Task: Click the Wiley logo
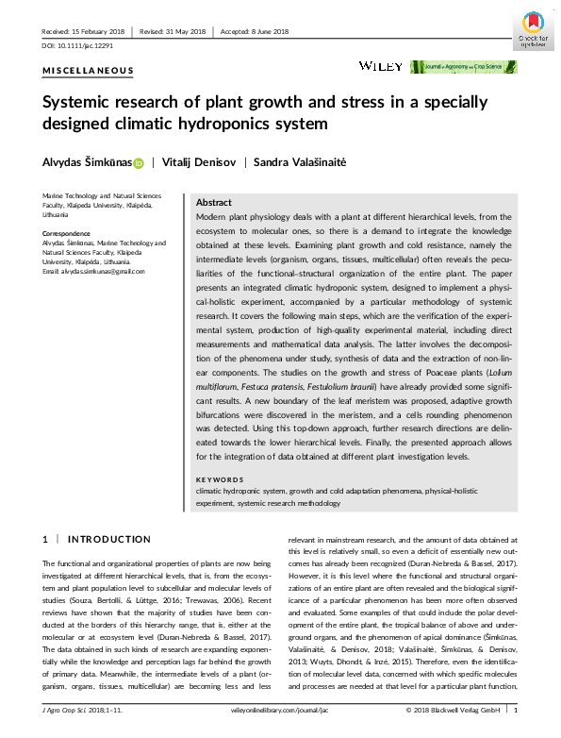coord(381,66)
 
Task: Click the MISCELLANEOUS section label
coord(89,71)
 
